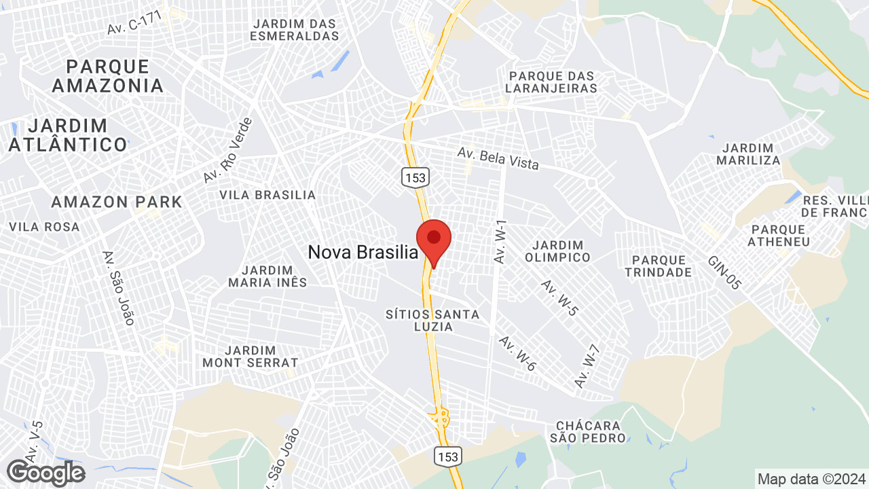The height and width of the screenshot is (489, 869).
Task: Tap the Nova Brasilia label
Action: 363,253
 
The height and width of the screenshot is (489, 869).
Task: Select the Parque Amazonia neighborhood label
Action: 108,76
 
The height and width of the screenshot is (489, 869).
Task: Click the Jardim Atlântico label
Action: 68,135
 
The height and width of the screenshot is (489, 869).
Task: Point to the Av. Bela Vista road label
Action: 498,158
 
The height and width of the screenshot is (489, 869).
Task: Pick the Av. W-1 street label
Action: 501,242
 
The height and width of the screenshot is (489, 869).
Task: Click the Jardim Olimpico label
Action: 557,251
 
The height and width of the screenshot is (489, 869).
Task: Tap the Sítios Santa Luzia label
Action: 432,321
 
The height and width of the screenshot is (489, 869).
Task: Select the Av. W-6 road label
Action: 517,353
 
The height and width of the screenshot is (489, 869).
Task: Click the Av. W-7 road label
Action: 587,367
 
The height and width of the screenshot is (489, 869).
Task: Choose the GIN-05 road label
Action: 724,273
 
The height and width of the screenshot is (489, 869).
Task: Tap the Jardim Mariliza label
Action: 748,154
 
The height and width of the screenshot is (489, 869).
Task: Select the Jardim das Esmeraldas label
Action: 294,30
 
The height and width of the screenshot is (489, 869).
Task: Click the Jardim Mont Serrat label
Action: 250,357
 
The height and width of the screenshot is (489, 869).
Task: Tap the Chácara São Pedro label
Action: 588,431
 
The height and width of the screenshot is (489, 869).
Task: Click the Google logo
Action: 45,473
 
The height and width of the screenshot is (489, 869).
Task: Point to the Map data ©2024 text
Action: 811,479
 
